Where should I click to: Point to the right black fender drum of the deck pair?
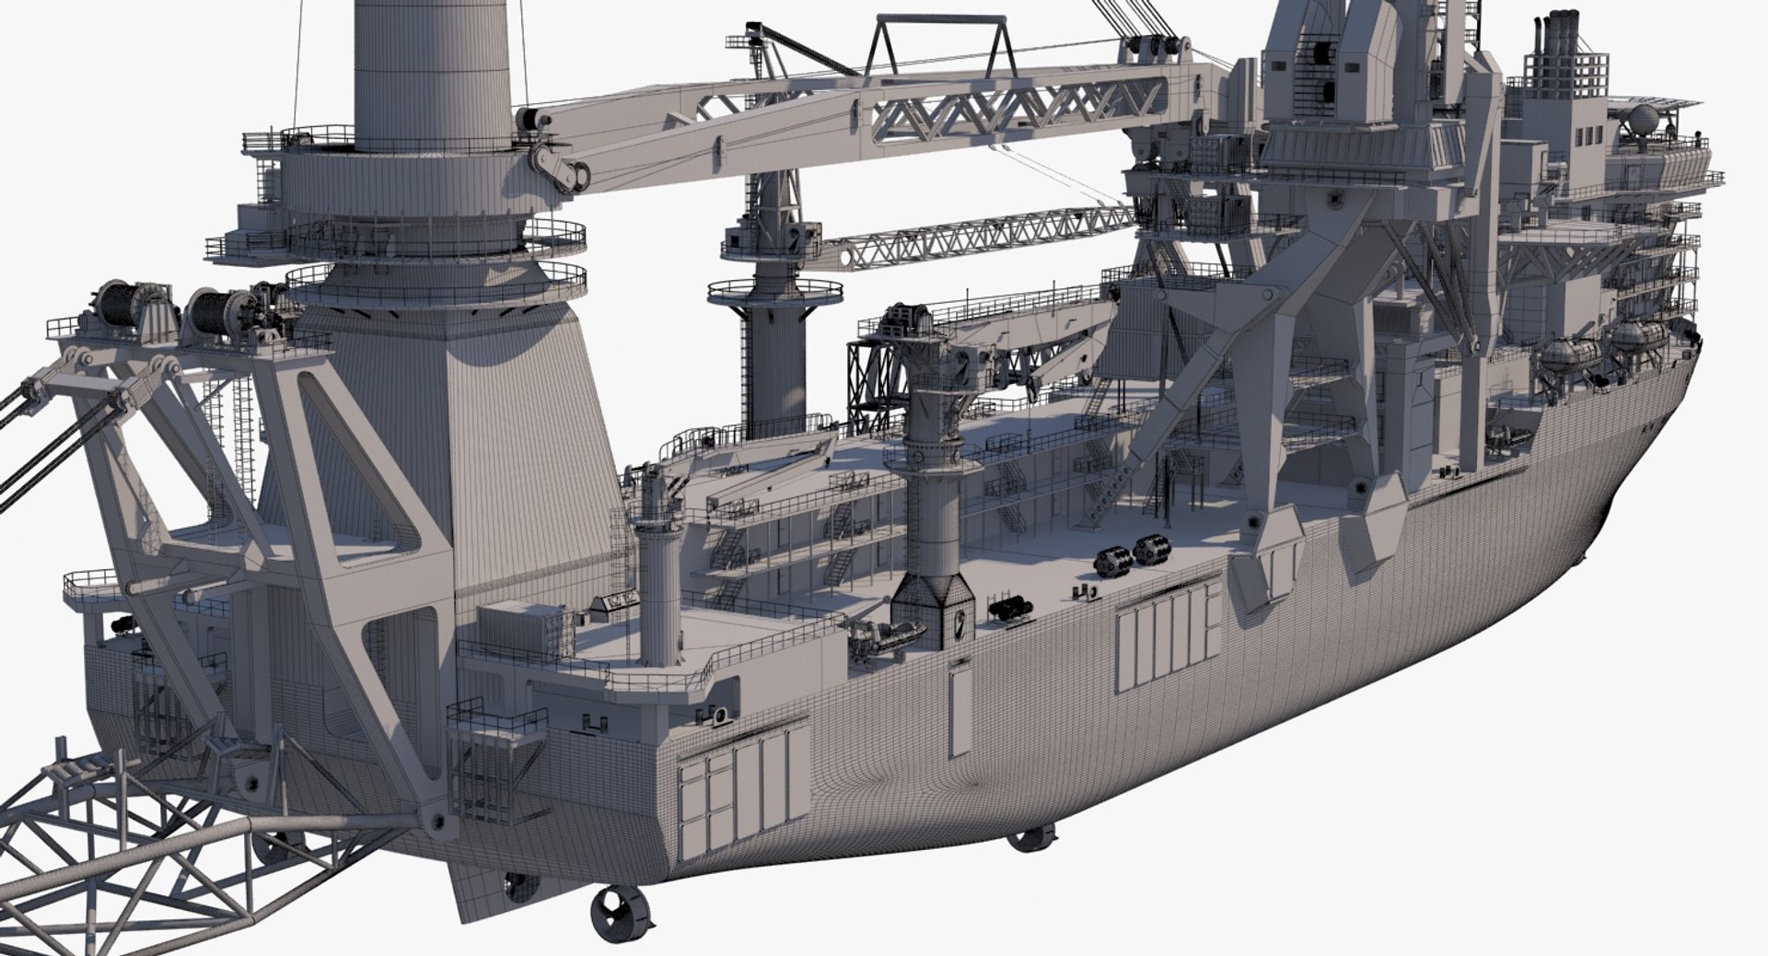point(1150,550)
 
